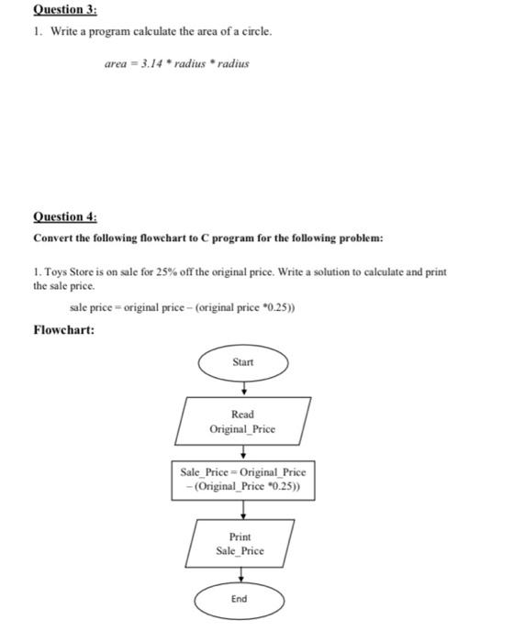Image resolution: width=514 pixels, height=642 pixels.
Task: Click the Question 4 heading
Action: click(x=65, y=217)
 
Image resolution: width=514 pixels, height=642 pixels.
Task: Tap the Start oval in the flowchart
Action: click(x=243, y=362)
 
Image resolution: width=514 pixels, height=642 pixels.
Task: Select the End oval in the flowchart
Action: click(x=240, y=598)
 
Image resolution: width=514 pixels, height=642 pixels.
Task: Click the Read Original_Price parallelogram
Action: click(x=242, y=421)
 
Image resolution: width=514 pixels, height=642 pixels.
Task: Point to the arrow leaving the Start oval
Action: click(x=243, y=385)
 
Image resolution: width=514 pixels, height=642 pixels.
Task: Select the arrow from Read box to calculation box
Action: click(x=243, y=451)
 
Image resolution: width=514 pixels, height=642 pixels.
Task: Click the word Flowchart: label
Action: click(x=65, y=329)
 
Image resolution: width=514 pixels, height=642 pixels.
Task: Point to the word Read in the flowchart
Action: click(x=242, y=415)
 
